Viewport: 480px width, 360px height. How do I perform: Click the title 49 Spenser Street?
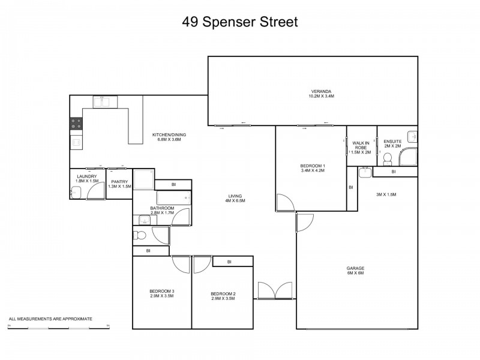[240, 22]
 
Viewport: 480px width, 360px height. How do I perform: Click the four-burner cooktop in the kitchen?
[77, 124]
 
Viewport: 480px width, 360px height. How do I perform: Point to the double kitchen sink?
[101, 101]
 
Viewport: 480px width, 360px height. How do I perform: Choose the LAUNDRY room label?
[86, 178]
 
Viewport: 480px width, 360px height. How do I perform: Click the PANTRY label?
[119, 184]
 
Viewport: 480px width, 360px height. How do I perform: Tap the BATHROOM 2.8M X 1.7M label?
[162, 210]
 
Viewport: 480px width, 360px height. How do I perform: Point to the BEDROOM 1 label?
[312, 168]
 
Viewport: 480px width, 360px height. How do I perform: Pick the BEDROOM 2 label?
[223, 296]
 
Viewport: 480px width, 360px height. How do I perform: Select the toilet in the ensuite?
[388, 158]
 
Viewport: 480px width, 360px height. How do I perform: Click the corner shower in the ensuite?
[409, 157]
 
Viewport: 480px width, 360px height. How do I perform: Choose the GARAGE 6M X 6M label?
[355, 270]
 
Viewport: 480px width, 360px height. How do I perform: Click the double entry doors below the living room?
[275, 290]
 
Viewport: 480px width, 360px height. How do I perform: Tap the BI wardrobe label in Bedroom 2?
[230, 262]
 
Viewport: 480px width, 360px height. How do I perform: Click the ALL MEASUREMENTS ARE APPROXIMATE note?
[50, 319]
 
